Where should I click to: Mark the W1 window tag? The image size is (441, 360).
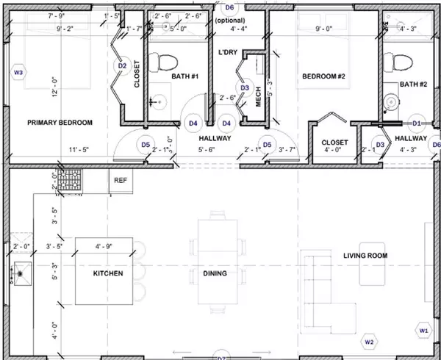(x=423, y=331)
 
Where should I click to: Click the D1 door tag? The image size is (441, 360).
(x=416, y=123)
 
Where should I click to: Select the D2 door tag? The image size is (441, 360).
(x=122, y=65)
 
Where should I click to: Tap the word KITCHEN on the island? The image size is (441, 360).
(x=107, y=274)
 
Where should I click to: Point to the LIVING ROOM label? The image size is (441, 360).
(x=365, y=256)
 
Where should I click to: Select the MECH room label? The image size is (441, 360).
(x=258, y=101)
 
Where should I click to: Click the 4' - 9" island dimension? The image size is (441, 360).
(x=106, y=245)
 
